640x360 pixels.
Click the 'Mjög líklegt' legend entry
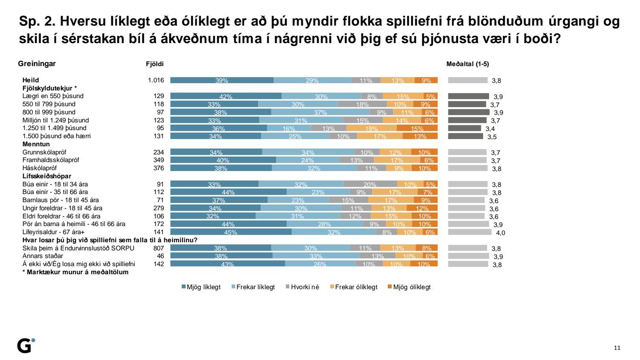[x=201, y=287]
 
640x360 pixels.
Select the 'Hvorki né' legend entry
[x=302, y=287]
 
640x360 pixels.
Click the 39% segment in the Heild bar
[x=221, y=80]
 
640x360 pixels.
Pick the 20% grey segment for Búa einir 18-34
[x=370, y=184]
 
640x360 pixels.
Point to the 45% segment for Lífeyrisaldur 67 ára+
[x=230, y=232]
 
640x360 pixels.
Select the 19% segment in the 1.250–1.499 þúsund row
[x=371, y=128]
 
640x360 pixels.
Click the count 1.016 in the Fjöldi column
[x=156, y=80]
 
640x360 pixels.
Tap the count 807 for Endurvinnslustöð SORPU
[x=158, y=248]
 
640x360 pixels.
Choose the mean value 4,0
[x=500, y=233]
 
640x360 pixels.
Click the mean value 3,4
[x=490, y=129]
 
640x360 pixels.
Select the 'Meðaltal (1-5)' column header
[x=468, y=64]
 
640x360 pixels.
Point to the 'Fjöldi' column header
[x=154, y=64]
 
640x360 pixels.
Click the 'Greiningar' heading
[x=37, y=64]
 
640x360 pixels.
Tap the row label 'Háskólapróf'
[x=39, y=168]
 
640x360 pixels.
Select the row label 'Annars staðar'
[x=43, y=256]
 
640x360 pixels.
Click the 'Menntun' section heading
[x=36, y=144]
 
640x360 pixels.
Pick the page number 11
[x=617, y=348]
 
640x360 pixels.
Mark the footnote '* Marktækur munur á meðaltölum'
[x=75, y=272]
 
